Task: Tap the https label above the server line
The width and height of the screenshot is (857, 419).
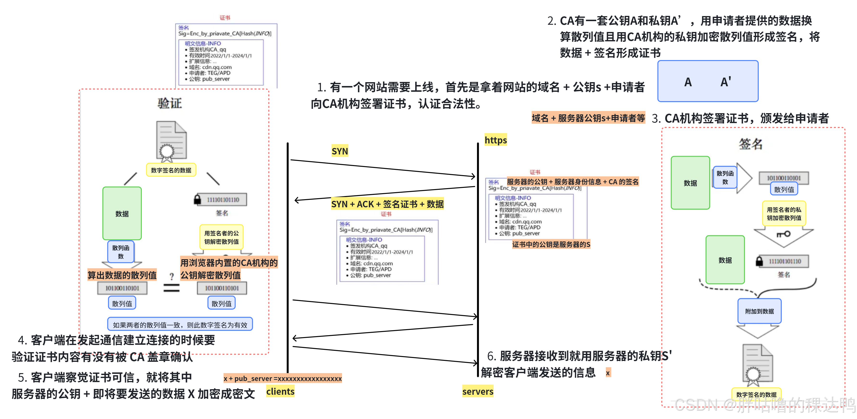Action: [495, 140]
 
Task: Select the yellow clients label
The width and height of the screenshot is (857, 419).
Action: [280, 391]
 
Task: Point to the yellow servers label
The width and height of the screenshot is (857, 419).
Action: [478, 391]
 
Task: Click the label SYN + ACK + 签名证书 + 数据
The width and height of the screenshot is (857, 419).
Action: [387, 204]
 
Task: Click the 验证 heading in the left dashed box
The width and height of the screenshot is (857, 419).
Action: [170, 103]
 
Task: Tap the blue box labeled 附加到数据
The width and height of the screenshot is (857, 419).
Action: [759, 311]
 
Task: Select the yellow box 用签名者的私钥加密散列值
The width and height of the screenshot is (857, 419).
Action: [784, 214]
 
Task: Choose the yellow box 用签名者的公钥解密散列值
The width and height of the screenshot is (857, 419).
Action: [221, 237]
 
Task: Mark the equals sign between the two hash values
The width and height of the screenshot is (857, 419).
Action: [171, 288]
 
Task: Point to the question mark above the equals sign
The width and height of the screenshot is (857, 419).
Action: [172, 276]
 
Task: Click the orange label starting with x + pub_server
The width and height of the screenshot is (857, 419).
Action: [282, 378]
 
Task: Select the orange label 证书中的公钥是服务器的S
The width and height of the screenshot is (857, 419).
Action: [551, 244]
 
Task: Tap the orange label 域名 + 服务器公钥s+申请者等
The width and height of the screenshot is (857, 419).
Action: [588, 118]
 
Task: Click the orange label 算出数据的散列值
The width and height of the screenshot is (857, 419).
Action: [122, 275]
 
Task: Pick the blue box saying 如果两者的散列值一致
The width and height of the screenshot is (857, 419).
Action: [180, 324]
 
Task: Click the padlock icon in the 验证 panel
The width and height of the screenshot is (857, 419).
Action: [197, 199]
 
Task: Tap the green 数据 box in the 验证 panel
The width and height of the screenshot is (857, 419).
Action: [122, 214]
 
